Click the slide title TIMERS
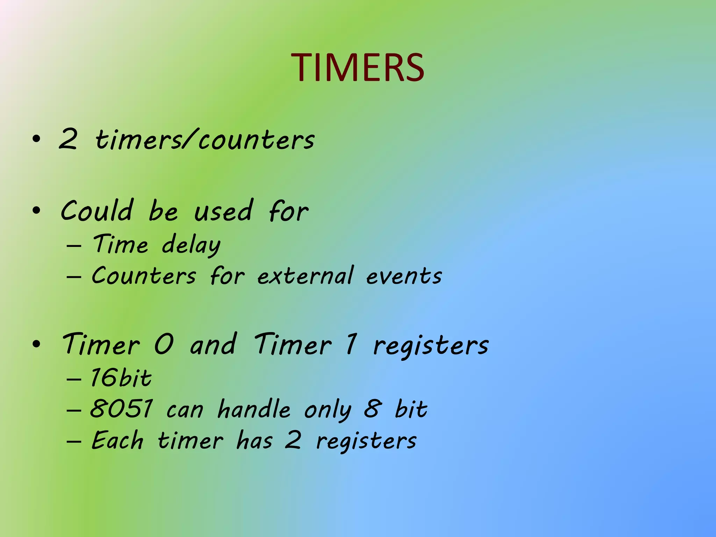click(x=358, y=67)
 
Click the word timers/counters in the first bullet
click(x=205, y=140)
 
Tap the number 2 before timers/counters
click(x=68, y=139)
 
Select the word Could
click(x=97, y=211)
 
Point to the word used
click(x=223, y=211)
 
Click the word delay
click(x=191, y=245)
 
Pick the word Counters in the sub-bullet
click(x=144, y=275)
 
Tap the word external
click(x=306, y=275)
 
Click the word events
click(x=404, y=276)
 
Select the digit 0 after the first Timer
click(x=164, y=344)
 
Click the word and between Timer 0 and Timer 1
click(x=213, y=344)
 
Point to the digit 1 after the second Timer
click(x=351, y=344)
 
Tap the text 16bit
click(x=121, y=378)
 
